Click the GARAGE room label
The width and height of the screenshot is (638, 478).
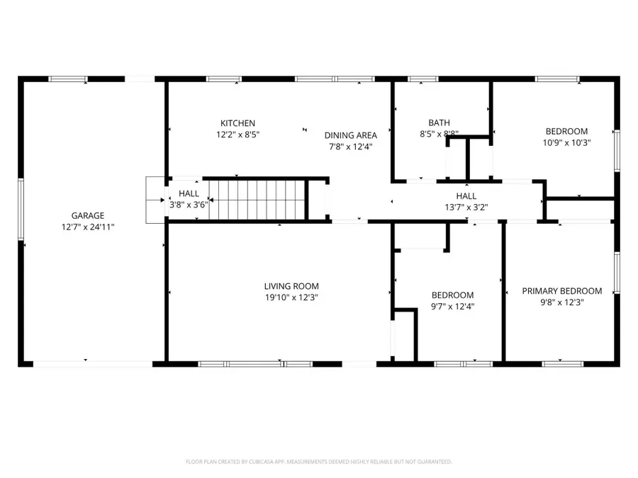[88, 215]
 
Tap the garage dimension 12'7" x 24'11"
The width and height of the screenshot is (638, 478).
[88, 227]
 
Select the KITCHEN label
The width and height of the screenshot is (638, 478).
[237, 123]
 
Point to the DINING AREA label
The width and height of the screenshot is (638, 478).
[351, 135]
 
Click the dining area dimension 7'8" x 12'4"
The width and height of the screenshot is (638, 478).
[351, 147]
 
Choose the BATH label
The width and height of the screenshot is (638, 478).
[439, 123]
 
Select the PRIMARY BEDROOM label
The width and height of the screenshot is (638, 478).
[561, 291]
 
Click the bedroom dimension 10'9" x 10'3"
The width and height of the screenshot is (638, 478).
[566, 142]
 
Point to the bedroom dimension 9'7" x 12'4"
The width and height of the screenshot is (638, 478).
[453, 307]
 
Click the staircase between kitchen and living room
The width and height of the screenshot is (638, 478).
[259, 200]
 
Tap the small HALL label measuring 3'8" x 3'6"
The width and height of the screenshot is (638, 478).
[189, 193]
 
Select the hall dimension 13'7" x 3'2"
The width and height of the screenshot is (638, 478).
[466, 207]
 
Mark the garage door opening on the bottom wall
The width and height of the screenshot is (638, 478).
[93, 363]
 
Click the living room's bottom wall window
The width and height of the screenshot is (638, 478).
[254, 363]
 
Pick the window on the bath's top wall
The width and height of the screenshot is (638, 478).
[422, 79]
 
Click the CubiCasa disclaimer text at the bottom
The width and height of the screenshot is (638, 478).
[319, 462]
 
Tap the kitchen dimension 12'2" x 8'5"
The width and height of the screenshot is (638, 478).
[237, 135]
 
